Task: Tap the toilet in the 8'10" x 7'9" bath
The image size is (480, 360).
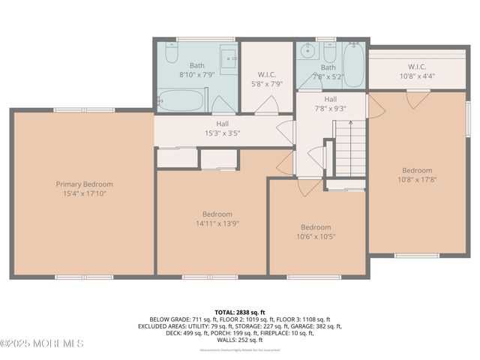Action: [x=171, y=54]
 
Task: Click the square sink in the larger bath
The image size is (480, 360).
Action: [x=229, y=58]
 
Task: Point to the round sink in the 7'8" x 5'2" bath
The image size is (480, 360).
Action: [x=307, y=52]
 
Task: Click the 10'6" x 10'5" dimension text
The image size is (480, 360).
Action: [x=316, y=236]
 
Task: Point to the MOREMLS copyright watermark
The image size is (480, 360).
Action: [x=42, y=343]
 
